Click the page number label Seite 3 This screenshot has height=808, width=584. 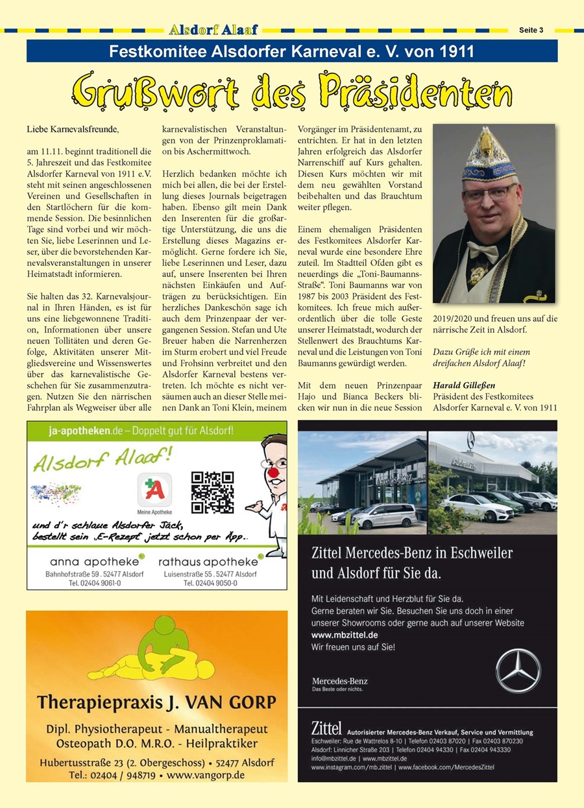click(531, 30)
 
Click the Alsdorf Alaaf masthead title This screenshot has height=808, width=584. click(213, 30)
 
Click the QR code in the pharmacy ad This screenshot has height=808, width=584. click(212, 492)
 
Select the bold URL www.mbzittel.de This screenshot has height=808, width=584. click(345, 634)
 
